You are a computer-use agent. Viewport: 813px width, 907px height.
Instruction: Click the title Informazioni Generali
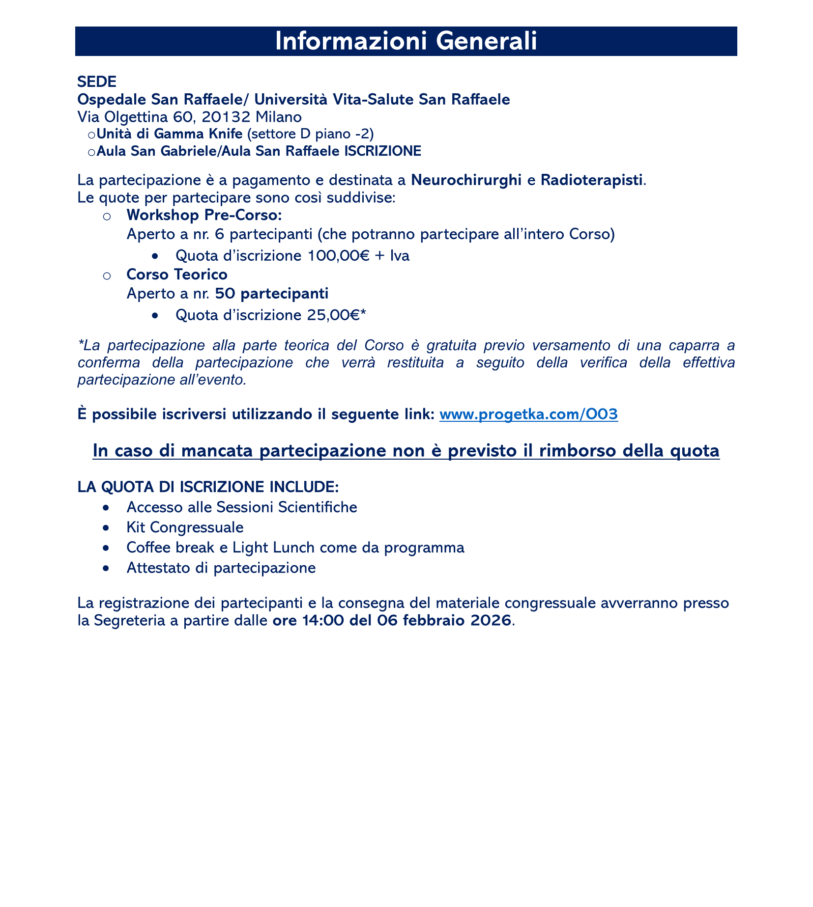click(406, 42)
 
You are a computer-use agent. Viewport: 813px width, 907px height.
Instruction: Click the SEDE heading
click(96, 82)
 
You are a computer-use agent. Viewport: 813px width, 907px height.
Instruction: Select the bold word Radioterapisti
click(591, 180)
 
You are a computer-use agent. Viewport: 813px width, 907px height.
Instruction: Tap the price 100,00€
click(334, 256)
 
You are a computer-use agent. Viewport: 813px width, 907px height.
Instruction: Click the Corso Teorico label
click(176, 275)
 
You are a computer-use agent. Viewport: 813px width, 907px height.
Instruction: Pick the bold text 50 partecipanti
click(271, 294)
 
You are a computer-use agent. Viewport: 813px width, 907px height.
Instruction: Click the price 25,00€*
click(334, 315)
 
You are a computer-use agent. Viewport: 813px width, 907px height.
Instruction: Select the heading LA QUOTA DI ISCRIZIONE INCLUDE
click(208, 487)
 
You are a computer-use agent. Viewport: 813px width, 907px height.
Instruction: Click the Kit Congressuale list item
click(185, 527)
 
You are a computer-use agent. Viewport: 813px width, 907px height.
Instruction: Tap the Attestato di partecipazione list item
click(221, 568)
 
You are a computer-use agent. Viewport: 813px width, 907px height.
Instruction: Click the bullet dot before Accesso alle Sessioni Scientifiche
click(106, 507)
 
